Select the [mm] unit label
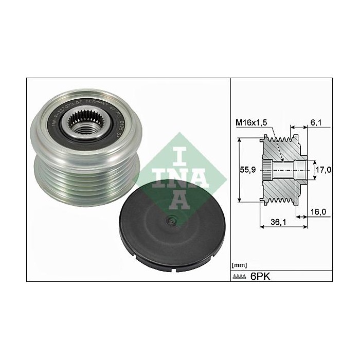pyautogui.click(x=240, y=265)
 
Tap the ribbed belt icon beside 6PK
pyautogui.click(x=240, y=277)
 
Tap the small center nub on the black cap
pyautogui.click(x=170, y=222)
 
